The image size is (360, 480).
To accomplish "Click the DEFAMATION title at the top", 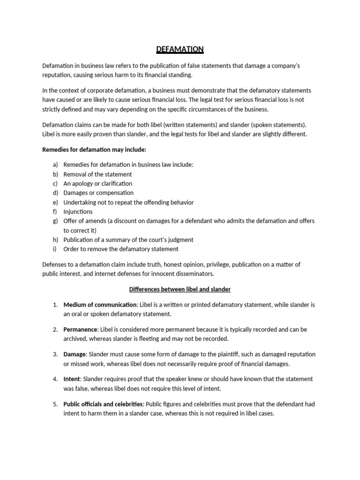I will point(180,49).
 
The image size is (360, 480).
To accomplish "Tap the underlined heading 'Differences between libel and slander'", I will point(180,289).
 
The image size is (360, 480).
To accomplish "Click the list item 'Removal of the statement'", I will point(97,174).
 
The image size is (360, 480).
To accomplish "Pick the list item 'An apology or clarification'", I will point(97,184).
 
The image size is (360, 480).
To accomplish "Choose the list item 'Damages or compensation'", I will point(98,193).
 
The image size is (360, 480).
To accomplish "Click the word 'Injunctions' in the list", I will point(78,211).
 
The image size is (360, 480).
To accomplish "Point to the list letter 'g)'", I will point(55,221).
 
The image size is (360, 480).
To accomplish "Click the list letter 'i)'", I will point(55,249).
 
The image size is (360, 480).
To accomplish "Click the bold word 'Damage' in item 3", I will point(75,354).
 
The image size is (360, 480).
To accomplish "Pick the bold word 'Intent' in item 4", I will point(72,379).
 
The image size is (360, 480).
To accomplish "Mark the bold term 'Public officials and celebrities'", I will point(104,404).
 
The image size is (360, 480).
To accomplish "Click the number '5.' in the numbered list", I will point(55,404).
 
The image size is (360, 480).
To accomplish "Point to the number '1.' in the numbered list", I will point(55,305).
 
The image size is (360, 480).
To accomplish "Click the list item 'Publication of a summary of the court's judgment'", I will point(128,240).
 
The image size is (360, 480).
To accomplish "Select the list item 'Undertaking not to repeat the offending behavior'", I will point(128,202).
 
